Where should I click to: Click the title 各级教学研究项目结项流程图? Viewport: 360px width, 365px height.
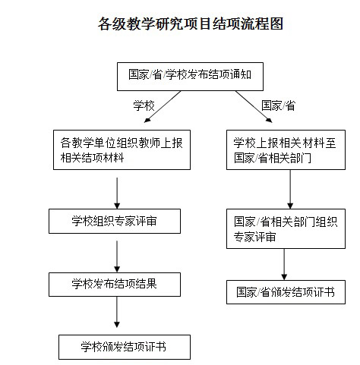coord(191,24)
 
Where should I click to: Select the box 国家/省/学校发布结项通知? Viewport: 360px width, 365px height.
coord(190,77)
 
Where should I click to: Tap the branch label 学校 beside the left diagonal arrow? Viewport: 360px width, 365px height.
coord(144,105)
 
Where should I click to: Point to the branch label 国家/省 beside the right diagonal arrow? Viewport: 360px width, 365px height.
coord(278,105)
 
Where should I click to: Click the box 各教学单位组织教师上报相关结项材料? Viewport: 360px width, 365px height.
coord(122,149)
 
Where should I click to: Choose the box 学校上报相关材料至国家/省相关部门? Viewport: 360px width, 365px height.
coord(286,149)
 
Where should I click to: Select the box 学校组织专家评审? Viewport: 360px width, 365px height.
coord(115,221)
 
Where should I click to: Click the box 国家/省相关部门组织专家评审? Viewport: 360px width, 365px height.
coord(286,228)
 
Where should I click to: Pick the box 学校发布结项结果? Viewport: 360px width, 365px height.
coord(115,285)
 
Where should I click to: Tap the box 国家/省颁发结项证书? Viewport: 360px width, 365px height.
coord(286,292)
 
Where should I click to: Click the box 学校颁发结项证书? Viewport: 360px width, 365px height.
coord(125,347)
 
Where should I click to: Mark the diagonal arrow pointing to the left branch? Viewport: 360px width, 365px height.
coord(163,107)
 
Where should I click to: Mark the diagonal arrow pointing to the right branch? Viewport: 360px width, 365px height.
coord(254,107)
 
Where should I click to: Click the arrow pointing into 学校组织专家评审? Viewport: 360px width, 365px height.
coord(117,194)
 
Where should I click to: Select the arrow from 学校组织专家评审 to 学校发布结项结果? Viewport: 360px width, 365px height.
coord(117,256)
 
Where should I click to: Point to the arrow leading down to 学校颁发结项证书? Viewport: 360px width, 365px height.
coord(117,312)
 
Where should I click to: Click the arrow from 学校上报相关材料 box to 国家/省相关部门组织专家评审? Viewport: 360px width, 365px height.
coord(290,189)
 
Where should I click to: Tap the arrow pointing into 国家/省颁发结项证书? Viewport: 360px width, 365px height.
coord(284,264)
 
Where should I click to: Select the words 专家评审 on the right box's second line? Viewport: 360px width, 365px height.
coord(254,237)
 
